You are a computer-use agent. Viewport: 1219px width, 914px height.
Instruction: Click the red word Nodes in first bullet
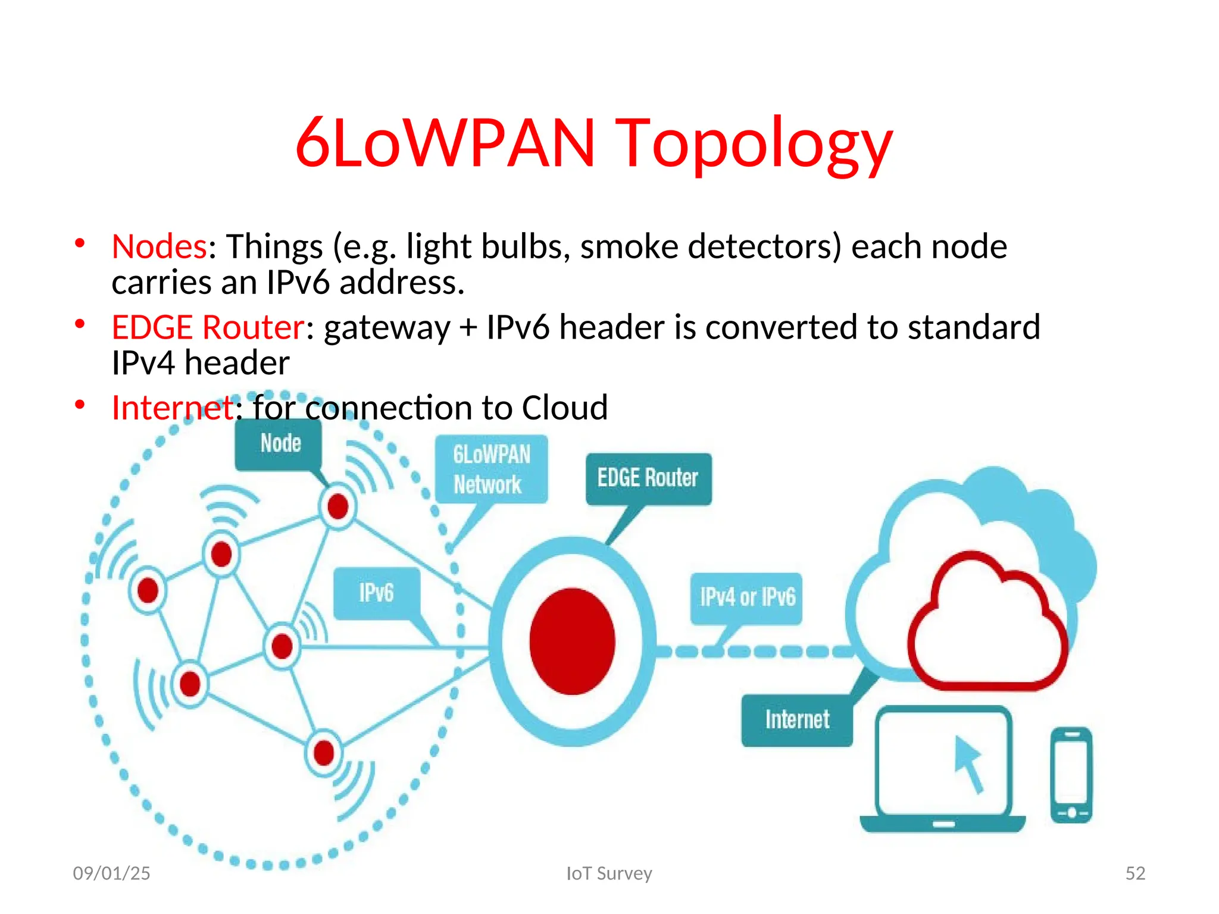(x=159, y=246)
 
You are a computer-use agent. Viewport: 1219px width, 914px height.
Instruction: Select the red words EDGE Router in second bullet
(x=208, y=327)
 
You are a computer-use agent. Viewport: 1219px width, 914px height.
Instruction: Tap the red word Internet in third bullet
(x=173, y=408)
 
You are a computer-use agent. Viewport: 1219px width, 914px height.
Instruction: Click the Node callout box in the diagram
(x=279, y=444)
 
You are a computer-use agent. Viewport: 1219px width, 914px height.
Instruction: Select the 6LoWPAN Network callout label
(x=491, y=469)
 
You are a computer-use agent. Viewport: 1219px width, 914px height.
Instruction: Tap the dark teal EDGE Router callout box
(x=648, y=478)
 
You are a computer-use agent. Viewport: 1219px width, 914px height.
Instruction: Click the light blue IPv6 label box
(x=376, y=593)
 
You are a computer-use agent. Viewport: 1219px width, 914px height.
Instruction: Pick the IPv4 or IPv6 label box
(x=746, y=597)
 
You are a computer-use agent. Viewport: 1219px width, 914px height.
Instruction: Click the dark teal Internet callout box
(x=796, y=720)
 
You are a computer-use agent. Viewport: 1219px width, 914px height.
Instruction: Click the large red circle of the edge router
(x=572, y=641)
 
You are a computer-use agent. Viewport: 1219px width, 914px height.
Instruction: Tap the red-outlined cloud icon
(x=987, y=625)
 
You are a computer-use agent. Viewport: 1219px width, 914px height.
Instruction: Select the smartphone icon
(x=1071, y=775)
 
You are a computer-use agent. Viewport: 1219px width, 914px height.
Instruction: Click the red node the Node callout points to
(x=338, y=507)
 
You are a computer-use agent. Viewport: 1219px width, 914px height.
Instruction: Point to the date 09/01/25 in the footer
(x=111, y=873)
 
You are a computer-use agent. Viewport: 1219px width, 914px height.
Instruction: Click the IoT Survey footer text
(x=609, y=873)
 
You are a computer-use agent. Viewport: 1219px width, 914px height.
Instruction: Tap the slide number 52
(x=1134, y=873)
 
